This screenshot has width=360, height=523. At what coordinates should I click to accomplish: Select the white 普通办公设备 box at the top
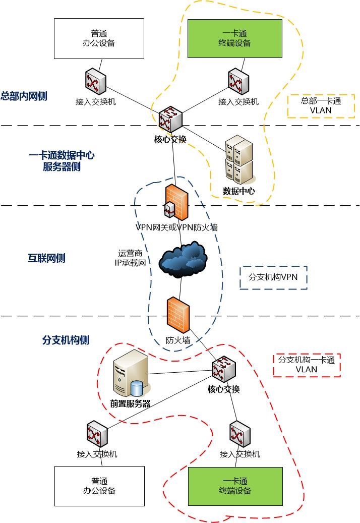[x=100, y=38]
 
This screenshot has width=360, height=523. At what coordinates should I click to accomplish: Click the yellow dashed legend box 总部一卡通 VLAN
[x=321, y=106]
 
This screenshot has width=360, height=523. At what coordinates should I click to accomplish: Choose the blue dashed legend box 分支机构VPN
[x=273, y=277]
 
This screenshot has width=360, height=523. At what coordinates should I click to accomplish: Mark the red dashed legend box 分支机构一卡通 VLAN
[x=307, y=365]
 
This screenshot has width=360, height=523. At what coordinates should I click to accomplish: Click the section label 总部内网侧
[x=24, y=96]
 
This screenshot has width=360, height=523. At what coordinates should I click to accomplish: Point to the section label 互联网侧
[x=46, y=258]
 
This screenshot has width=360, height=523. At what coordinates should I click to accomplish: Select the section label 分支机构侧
[x=66, y=340]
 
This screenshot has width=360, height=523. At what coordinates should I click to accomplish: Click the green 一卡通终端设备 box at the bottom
[x=235, y=486]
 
